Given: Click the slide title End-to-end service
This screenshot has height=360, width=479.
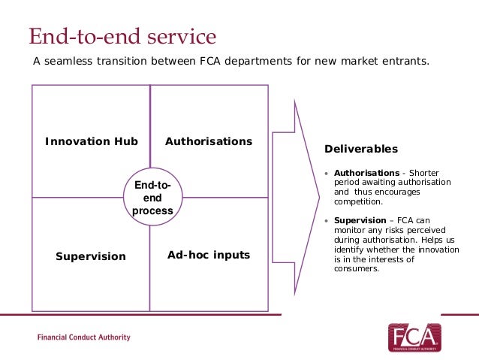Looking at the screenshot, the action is pyautogui.click(x=122, y=35).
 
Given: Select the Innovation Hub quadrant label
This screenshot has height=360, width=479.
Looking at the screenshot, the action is pyautogui.click(x=92, y=141).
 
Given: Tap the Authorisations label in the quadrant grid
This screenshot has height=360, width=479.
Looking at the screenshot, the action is pyautogui.click(x=209, y=141).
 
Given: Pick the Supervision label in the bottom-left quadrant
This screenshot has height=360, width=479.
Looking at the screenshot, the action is pyautogui.click(x=91, y=256).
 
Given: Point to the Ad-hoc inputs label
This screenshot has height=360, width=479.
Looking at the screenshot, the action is pyautogui.click(x=209, y=256).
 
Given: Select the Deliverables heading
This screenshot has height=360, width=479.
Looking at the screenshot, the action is pyautogui.click(x=361, y=149).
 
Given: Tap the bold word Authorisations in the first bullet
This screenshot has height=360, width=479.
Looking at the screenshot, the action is pyautogui.click(x=366, y=173).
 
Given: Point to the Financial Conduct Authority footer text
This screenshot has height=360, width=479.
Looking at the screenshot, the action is pyautogui.click(x=83, y=337).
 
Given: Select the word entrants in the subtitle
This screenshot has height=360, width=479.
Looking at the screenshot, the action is pyautogui.click(x=405, y=61).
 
